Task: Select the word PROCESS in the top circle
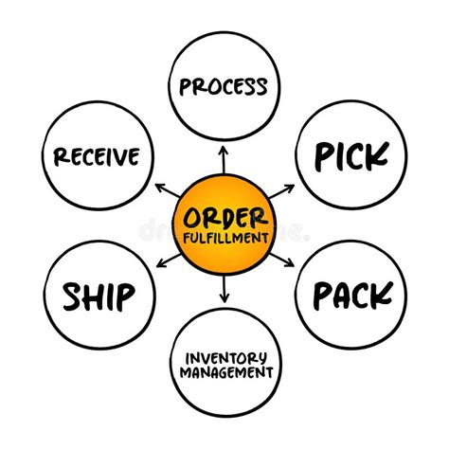224,87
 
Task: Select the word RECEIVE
98,155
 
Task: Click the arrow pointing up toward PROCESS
224,156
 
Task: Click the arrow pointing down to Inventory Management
224,292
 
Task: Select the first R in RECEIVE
61,155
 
